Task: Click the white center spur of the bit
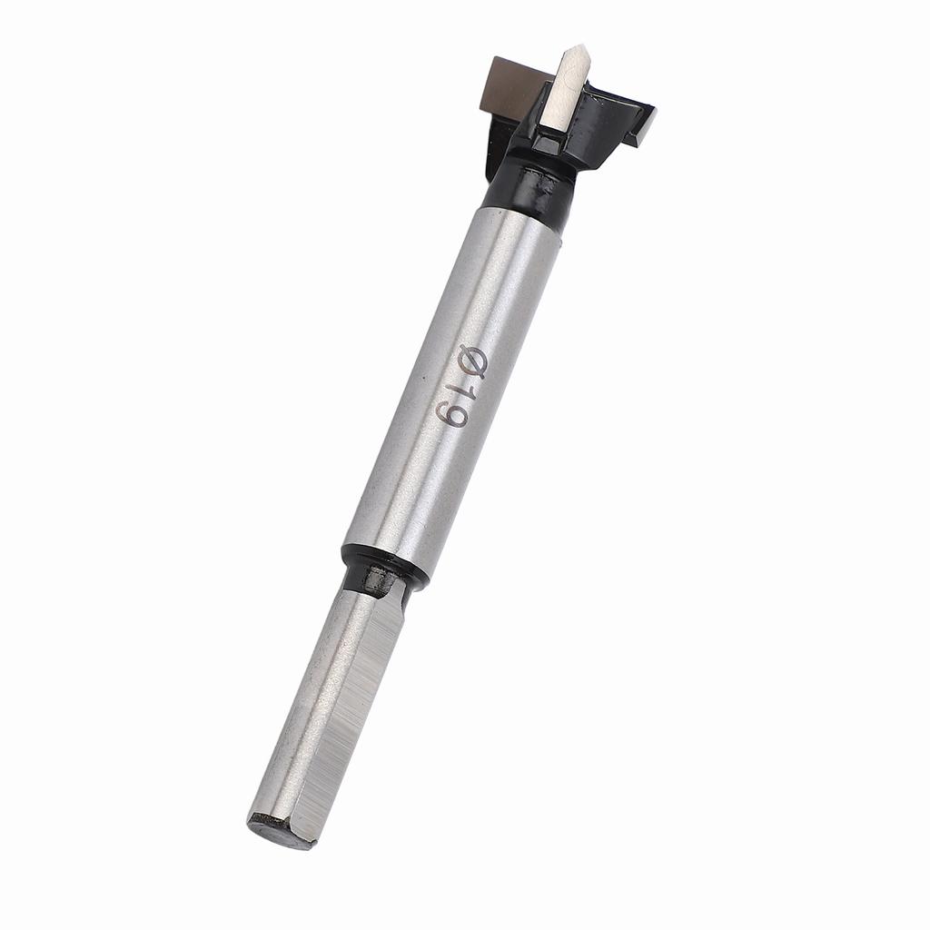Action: click(563, 95)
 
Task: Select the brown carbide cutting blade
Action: click(515, 86)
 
